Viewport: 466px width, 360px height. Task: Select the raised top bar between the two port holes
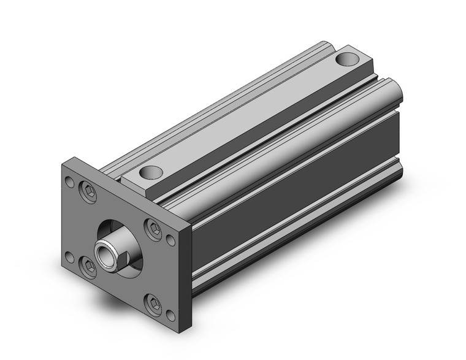245,120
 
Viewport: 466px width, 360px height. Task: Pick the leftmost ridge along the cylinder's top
215,107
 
